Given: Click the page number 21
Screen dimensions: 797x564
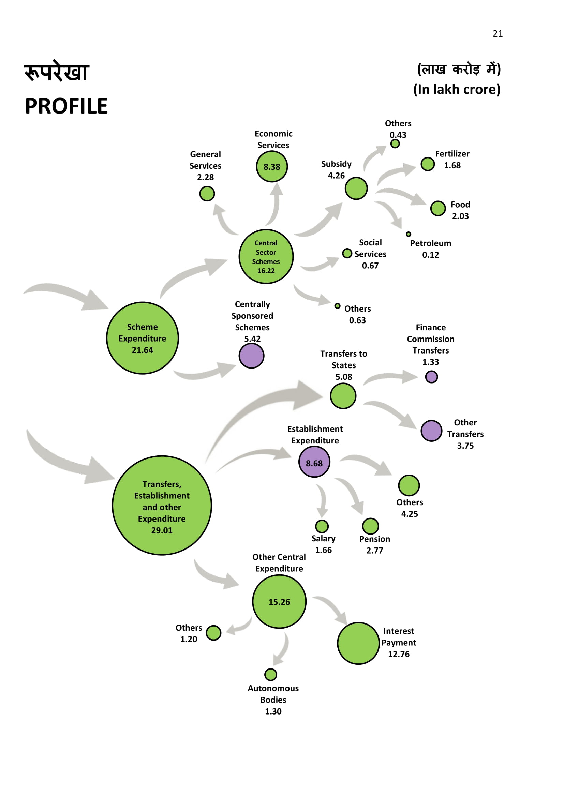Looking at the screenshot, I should coord(497,34).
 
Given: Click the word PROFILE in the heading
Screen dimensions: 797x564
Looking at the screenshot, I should coord(66,106).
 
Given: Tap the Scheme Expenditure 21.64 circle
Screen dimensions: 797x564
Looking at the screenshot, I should coord(143,338).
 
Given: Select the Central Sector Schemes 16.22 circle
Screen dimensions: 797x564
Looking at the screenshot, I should coord(266,257).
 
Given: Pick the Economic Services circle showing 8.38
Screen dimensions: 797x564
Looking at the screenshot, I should coord(271,167).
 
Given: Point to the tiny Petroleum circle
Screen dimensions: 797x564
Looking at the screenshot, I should coord(409,234).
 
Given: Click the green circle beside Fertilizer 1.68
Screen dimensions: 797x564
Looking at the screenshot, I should coord(428,164).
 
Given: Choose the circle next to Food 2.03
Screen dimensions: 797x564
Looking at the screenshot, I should coord(438,208).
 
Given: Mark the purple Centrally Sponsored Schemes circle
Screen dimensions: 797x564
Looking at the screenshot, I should coord(251,356).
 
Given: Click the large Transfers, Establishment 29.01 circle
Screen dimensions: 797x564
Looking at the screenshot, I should coord(162,505).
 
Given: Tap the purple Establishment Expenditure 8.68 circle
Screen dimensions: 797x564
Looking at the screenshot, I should coord(314,462).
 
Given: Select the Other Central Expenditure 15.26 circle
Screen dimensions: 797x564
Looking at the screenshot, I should coord(279,602).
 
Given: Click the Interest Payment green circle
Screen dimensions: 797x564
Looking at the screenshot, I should coord(358,643).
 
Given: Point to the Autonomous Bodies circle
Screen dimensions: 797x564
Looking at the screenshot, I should coord(270,675).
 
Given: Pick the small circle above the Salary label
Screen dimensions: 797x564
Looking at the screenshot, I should coord(322,526).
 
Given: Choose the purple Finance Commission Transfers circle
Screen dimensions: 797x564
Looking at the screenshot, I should coord(431,377).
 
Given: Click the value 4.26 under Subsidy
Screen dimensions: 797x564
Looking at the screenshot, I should coord(336,176).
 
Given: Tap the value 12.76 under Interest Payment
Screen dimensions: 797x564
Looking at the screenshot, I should coord(399,654).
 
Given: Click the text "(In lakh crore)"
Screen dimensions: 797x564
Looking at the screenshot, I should coord(457,90).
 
